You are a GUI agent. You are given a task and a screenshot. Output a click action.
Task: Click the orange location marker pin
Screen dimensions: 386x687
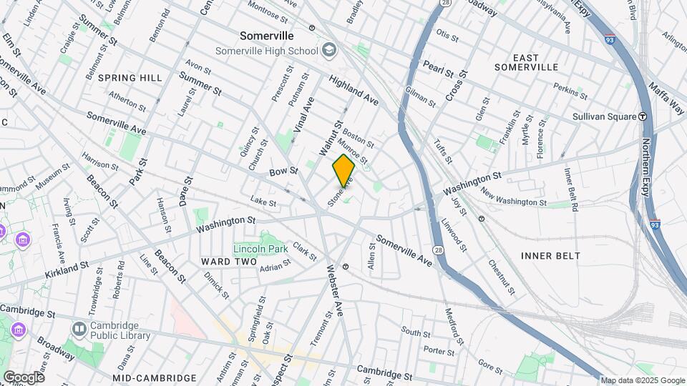[x=343, y=171]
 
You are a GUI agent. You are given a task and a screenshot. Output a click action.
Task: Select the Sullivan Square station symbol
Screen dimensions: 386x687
[x=643, y=117]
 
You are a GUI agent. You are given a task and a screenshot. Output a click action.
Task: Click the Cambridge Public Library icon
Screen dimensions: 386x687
[x=79, y=328]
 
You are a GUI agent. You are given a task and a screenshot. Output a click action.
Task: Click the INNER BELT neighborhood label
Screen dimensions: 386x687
[x=550, y=255]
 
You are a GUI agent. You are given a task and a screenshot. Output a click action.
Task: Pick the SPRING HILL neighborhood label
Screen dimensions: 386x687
[x=130, y=77]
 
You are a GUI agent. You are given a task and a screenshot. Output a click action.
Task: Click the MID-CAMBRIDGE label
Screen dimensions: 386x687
[x=155, y=377]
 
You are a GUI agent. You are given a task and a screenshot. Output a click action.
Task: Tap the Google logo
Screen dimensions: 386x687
[x=23, y=377]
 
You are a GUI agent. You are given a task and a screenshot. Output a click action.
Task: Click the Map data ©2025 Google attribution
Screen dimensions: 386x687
[x=642, y=380]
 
